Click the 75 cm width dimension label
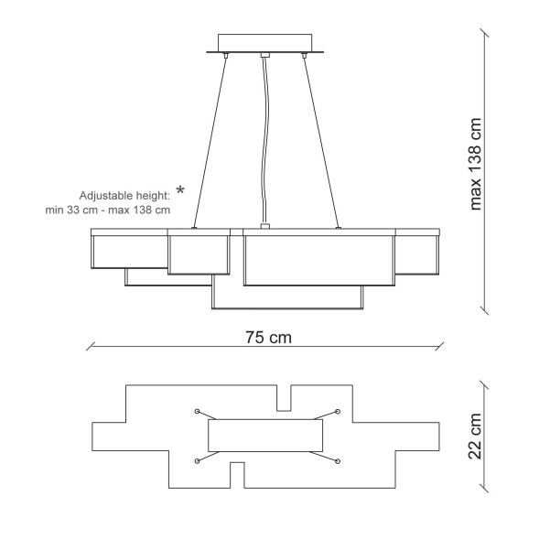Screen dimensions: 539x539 click(x=268, y=338)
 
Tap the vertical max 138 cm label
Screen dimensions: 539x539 click(x=476, y=164)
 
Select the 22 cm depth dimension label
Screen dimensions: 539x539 click(x=476, y=437)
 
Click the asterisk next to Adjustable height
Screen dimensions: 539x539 click(x=180, y=190)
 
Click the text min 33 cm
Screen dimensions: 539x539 click(x=71, y=210)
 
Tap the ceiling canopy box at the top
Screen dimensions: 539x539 click(x=265, y=43)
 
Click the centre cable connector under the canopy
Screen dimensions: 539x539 click(x=265, y=55)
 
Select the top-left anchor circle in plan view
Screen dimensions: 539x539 click(x=197, y=411)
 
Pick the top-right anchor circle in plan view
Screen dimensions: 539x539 click(x=338, y=411)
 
